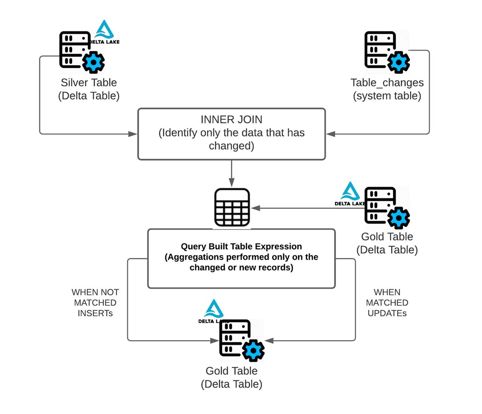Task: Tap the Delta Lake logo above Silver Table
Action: [x=106, y=33]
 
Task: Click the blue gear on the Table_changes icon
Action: [x=398, y=62]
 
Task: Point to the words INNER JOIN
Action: [x=231, y=120]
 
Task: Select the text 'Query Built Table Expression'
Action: [x=241, y=246]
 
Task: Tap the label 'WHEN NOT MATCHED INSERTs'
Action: [x=95, y=303]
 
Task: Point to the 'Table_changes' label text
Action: [x=387, y=83]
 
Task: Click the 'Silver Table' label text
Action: [x=89, y=83]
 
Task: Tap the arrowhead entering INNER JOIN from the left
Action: [x=133, y=134]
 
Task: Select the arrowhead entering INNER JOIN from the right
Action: [x=331, y=134]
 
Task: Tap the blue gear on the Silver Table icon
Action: [x=94, y=62]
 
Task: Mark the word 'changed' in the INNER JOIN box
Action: [x=231, y=145]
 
